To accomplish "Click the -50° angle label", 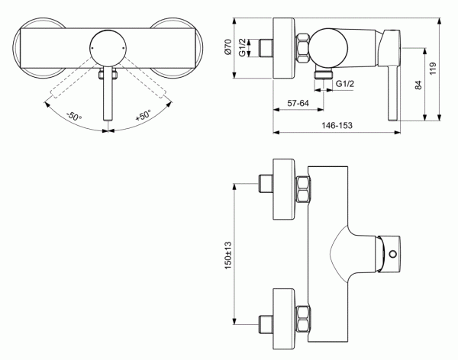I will (x=73, y=116).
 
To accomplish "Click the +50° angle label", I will (x=143, y=116).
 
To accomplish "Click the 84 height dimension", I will (x=418, y=85).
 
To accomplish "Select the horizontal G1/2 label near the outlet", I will (x=346, y=83).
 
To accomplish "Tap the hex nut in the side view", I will (x=303, y=48).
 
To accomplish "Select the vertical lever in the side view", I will (x=392, y=84).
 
